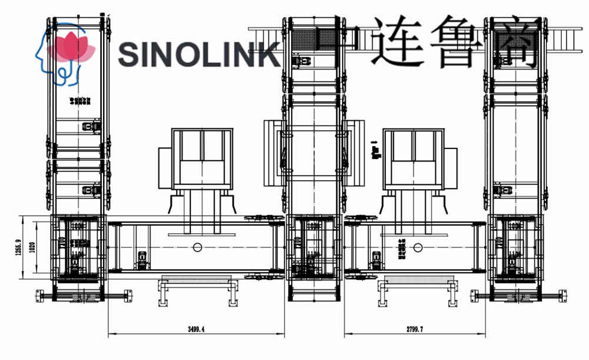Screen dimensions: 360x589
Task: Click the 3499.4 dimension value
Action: coord(197,331)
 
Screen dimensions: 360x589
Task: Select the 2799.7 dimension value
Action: coord(415,331)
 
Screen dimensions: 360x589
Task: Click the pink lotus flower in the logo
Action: coord(73,47)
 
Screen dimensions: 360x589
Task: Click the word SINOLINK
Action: coord(198,54)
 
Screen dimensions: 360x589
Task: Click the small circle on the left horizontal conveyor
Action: coord(197,247)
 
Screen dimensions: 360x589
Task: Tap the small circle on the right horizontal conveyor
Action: coord(418,247)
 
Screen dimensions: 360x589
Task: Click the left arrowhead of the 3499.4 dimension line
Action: coord(110,336)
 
